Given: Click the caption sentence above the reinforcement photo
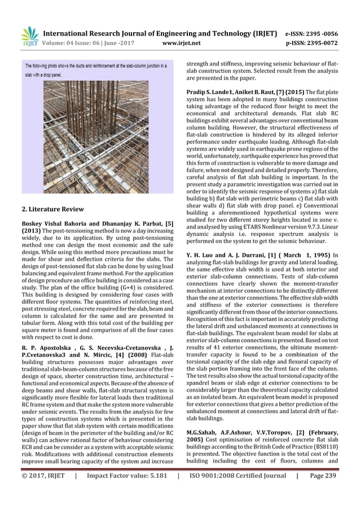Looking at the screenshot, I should coord(95,69).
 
